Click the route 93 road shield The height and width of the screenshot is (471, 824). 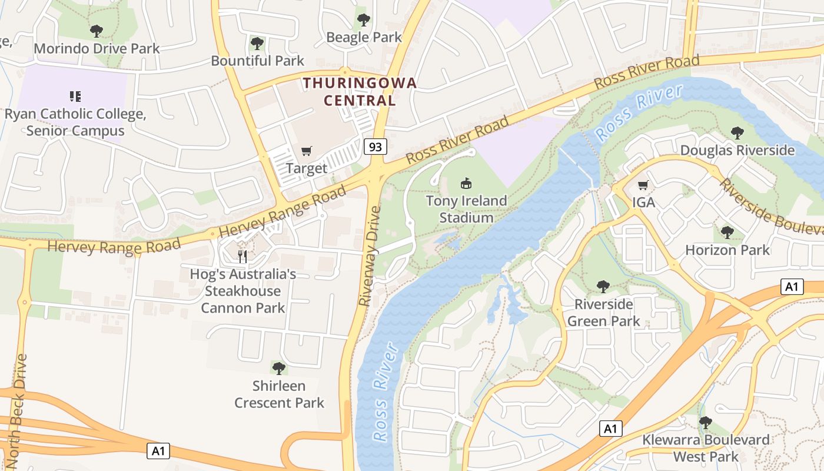(375, 146)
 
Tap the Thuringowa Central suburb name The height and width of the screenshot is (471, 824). (360, 91)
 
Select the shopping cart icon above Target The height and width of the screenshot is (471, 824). (306, 151)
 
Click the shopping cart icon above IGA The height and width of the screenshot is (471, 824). (643, 185)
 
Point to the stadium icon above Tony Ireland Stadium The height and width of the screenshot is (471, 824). (466, 184)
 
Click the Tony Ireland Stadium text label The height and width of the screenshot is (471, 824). (466, 209)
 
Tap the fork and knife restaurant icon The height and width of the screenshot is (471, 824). (242, 256)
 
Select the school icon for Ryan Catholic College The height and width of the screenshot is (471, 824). (75, 96)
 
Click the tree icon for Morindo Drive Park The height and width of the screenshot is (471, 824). (97, 31)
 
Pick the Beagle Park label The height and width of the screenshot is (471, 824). (364, 37)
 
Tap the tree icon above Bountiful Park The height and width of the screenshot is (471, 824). (257, 43)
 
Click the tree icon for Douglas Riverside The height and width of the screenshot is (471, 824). (737, 133)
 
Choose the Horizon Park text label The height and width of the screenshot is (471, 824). (727, 250)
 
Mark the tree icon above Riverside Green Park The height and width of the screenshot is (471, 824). (603, 287)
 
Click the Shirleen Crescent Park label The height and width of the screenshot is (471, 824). (279, 394)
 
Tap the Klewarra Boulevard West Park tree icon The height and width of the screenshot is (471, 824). (705, 423)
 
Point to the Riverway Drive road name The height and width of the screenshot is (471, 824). (370, 255)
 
